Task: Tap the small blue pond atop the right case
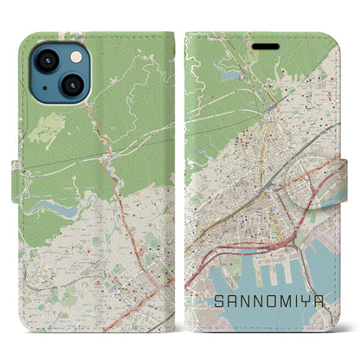[x=231, y=75]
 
